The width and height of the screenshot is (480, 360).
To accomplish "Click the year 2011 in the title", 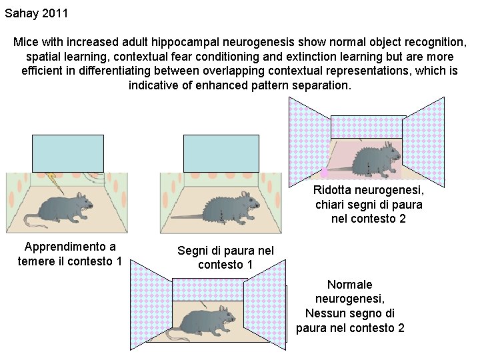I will (55, 13).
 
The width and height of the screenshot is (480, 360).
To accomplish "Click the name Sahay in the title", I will (22, 13).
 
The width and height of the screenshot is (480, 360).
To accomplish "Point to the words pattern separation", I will (309, 86).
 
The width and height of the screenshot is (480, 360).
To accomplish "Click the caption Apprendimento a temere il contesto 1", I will (70, 254).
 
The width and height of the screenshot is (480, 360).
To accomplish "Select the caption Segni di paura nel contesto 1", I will (225, 257).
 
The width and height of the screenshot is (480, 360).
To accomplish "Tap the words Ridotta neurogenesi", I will (368, 190).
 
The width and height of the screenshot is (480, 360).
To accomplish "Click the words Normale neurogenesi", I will (350, 291).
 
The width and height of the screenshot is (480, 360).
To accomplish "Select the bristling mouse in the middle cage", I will (227, 207).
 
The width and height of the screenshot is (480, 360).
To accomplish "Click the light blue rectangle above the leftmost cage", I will (68, 153).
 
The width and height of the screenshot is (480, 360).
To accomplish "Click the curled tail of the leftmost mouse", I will (31, 219).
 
